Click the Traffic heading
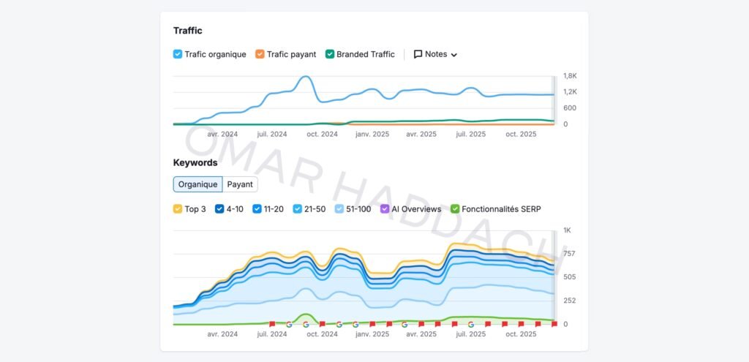[187, 31]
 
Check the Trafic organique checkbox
[178, 54]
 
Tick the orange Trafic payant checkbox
[260, 54]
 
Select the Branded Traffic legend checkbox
[330, 54]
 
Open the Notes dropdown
[436, 54]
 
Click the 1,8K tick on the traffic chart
[570, 76]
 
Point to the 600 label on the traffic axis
[569, 108]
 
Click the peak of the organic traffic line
[307, 77]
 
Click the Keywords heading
[195, 162]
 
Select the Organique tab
[197, 184]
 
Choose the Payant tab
[240, 184]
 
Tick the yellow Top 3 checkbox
[178, 209]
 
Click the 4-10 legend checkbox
[219, 209]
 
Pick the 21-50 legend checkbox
[296, 209]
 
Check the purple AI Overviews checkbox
[385, 209]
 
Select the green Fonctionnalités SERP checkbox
[455, 209]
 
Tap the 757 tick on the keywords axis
[569, 254]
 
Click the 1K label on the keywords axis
[567, 230]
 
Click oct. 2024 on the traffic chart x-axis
[322, 135]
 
